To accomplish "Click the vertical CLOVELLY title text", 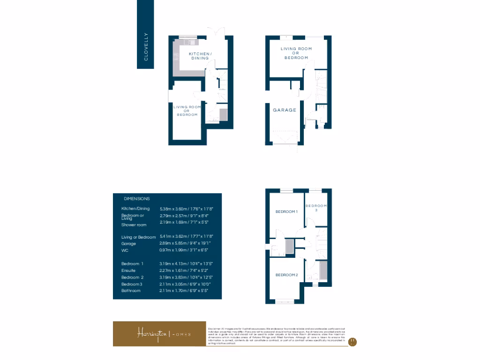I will pyautogui.click(x=146, y=46).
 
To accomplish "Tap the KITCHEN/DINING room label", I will pyautogui.click(x=200, y=56).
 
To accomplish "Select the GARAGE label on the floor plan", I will pyautogui.click(x=285, y=110).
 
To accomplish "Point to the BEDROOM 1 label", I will pyautogui.click(x=286, y=212).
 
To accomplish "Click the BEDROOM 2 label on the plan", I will pyautogui.click(x=286, y=275).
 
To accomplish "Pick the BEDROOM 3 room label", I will pyautogui.click(x=316, y=208).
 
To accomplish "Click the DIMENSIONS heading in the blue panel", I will pyautogui.click(x=136, y=199).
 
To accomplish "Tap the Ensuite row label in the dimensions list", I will pyautogui.click(x=129, y=270).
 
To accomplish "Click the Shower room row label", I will pyautogui.click(x=134, y=225).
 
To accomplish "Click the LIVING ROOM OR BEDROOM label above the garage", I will pyautogui.click(x=296, y=53).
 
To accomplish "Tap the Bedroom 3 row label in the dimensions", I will pyautogui.click(x=132, y=284).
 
